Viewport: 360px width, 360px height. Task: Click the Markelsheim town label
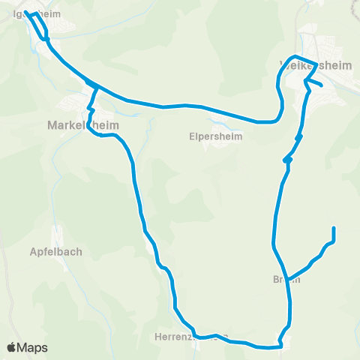[x=75, y=124]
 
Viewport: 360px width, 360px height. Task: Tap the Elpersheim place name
[x=216, y=137]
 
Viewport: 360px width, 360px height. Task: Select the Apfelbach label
[x=57, y=252]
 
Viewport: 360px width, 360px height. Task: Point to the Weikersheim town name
[x=315, y=65]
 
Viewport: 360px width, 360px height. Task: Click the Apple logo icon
[x=13, y=347]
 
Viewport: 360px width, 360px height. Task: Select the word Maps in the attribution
[x=32, y=347]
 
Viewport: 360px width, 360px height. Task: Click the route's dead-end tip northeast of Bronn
[x=333, y=227]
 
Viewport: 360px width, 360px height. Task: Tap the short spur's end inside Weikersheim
[x=322, y=85]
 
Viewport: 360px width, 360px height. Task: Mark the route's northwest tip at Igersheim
[x=26, y=13]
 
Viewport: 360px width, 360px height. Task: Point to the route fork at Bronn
[x=286, y=277]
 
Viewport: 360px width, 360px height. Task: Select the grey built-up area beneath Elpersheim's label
[x=217, y=145]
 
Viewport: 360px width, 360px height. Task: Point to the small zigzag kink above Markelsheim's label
[x=91, y=110]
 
